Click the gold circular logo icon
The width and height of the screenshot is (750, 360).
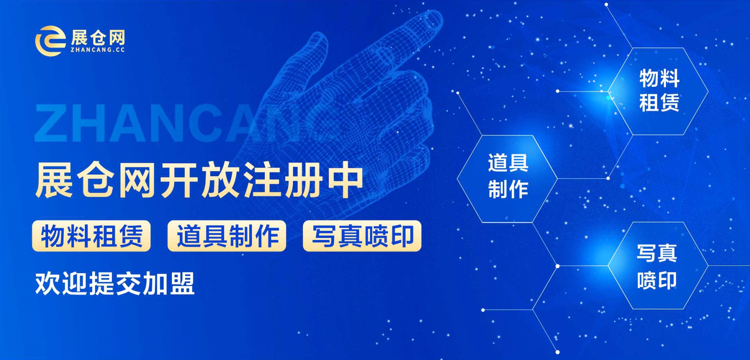point(50,41)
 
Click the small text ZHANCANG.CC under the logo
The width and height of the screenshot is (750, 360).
point(98,50)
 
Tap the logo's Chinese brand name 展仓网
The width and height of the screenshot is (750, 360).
point(98,38)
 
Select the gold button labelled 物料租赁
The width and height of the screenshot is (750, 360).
point(91,236)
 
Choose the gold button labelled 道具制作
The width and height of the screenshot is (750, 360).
point(227,236)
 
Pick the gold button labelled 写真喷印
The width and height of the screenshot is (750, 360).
point(362,236)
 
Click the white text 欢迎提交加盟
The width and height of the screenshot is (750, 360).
point(115,283)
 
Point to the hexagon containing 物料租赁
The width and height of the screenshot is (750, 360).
point(658,91)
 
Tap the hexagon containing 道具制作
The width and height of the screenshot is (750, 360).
point(507,179)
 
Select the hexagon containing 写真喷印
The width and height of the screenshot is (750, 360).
point(658,266)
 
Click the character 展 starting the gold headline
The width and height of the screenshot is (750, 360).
point(54,180)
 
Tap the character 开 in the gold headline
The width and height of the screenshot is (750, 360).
point(179,180)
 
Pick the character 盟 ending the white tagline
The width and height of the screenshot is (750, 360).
point(182,283)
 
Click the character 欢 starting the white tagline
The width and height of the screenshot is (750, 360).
point(47,283)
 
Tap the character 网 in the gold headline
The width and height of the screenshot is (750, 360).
point(137,180)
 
